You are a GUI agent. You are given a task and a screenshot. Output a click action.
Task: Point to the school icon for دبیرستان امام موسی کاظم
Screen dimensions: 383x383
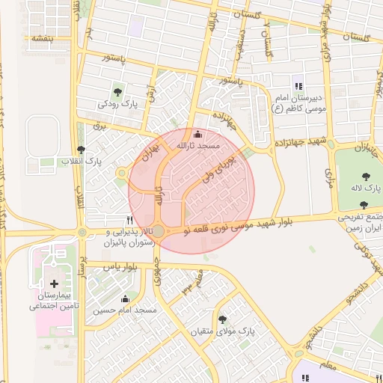coord(298,88)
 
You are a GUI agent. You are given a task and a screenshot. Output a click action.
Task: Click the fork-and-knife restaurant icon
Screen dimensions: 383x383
coord(131,221)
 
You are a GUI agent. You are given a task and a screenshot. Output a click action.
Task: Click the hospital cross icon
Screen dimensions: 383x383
coord(54,284)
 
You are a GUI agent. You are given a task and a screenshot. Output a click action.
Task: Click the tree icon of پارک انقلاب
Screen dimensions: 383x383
coord(91,150)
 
